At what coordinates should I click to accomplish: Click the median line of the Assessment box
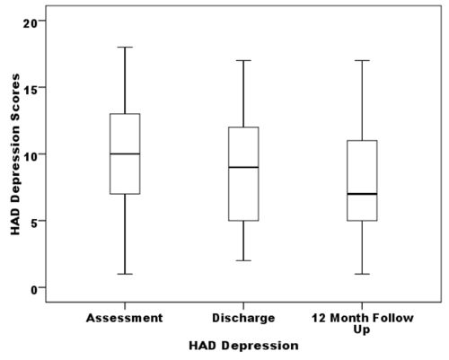pos(125,154)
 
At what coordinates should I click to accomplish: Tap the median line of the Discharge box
pos(243,167)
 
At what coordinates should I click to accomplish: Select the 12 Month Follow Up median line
pos(362,194)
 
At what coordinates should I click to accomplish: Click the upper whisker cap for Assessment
pos(125,47)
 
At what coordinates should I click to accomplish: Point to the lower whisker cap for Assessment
pos(125,274)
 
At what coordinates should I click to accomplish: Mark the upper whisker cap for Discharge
pos(243,60)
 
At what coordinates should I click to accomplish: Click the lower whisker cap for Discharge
pos(243,260)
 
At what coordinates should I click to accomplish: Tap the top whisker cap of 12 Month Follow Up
pos(362,60)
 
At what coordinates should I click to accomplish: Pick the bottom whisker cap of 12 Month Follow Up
pos(362,274)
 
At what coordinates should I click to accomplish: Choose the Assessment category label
pos(125,318)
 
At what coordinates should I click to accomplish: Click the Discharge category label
pos(243,318)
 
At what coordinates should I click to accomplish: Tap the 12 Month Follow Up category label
pos(362,323)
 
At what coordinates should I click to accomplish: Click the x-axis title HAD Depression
pos(243,345)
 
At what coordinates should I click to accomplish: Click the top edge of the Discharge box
pos(243,127)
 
